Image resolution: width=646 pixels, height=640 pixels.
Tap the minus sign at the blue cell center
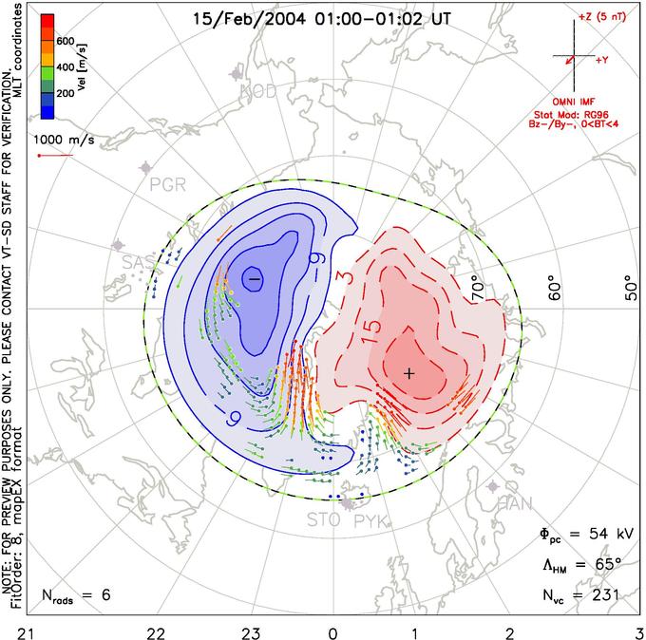[253, 278]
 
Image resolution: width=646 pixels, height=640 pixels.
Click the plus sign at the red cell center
[409, 373]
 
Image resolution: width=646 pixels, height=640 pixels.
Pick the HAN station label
[516, 502]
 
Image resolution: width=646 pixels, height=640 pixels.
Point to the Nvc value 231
[603, 595]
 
